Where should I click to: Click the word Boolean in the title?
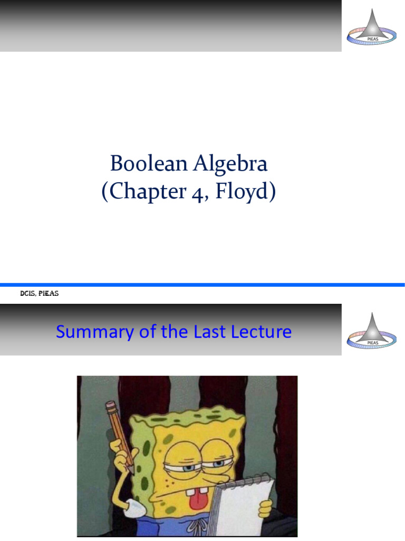pos(141,164)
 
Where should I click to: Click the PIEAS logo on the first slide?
pos(372,26)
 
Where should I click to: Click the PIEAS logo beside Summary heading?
pos(372,330)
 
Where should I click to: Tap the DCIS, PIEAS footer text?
pos(38,294)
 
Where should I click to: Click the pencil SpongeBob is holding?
pos(119,433)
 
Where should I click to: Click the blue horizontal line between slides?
pos(202,285)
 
